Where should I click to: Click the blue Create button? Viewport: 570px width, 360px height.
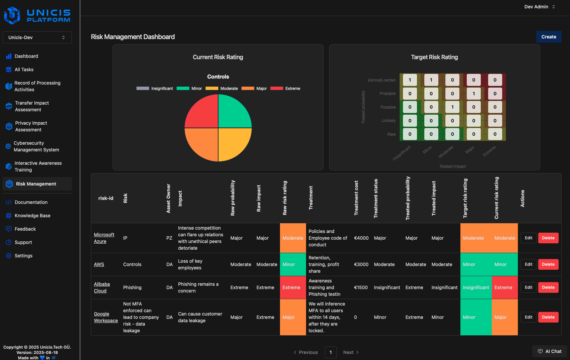coord(549,37)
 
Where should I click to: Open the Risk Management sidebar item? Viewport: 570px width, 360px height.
coord(36,184)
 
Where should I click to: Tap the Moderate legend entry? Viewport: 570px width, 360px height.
coord(222,89)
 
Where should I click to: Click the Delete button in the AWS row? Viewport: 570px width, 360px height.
coord(548,264)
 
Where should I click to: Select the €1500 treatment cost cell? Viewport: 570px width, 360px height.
coord(361,287)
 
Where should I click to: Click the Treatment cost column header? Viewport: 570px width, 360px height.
coord(356,198)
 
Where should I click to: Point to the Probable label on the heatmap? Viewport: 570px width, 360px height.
coord(388,94)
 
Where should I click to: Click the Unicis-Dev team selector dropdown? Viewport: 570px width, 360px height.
coord(37,37)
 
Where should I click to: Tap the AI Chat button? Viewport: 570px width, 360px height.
coord(550,351)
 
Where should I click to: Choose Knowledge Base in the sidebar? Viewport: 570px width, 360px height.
coord(32,216)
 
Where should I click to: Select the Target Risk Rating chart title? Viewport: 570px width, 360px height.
coord(434,57)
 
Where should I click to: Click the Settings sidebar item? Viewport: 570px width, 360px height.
coord(23,256)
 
